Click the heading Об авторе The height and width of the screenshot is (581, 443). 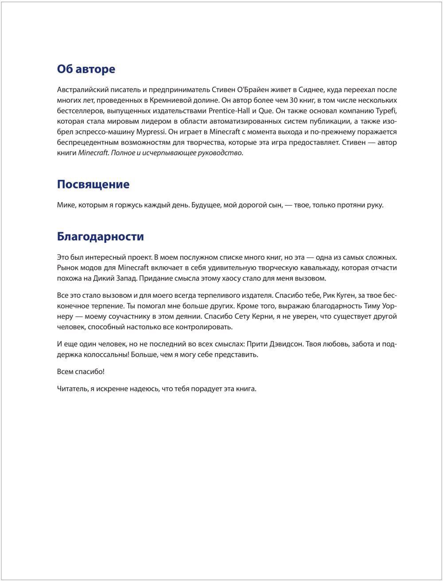(x=86, y=69)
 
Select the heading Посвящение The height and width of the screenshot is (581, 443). (x=93, y=184)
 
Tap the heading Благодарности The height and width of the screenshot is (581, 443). (x=100, y=237)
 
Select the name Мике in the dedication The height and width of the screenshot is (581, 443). (x=66, y=206)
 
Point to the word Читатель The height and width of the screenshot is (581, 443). (x=72, y=389)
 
